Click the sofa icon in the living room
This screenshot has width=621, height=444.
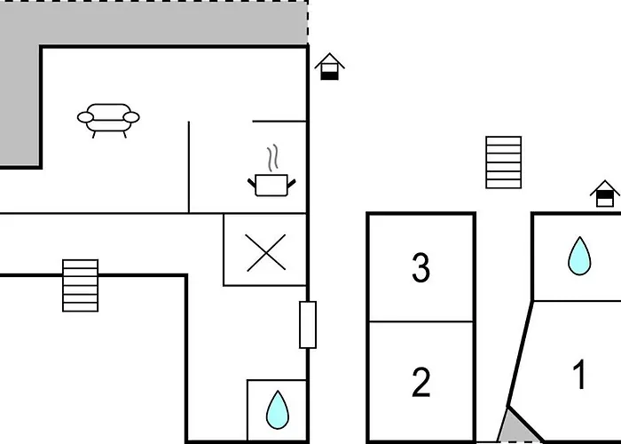pos(108,121)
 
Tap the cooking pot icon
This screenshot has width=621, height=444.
pos(271,185)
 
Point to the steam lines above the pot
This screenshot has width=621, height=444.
pos(272,158)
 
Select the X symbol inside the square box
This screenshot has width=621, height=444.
pos(266,252)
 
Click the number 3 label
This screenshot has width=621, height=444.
pos(421,268)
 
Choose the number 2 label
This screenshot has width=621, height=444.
pos(421,382)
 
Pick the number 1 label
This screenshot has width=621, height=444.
pos(580,374)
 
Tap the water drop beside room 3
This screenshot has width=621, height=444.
pos(579,256)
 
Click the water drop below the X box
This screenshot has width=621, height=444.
pos(278,410)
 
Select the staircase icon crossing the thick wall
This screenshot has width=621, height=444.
pos(81,285)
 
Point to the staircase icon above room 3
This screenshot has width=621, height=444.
pos(504,163)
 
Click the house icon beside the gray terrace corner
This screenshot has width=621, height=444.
pos(329,67)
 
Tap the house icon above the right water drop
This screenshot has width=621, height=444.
pos(605,194)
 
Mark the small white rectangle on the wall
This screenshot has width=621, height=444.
pos(308,325)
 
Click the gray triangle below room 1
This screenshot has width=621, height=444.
pos(518,426)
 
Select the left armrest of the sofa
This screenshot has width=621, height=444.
pos(85,117)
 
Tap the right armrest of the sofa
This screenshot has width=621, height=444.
pos(131,117)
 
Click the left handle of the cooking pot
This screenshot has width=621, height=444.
pos(252,184)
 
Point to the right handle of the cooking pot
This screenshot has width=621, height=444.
pos(292,184)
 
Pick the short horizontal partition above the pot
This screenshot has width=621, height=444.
pos(279,121)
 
